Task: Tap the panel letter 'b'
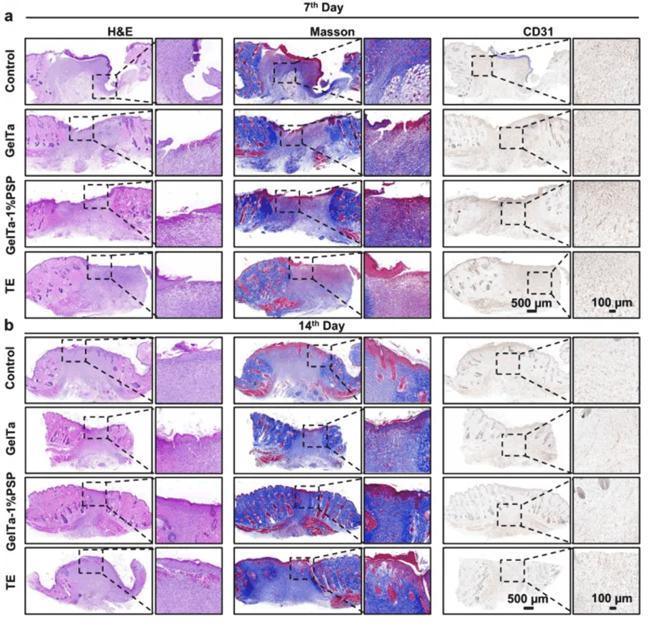(x=9, y=325)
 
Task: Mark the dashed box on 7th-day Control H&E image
(x=104, y=86)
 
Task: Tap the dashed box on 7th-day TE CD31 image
(x=540, y=283)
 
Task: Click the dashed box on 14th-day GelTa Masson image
(x=315, y=436)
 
